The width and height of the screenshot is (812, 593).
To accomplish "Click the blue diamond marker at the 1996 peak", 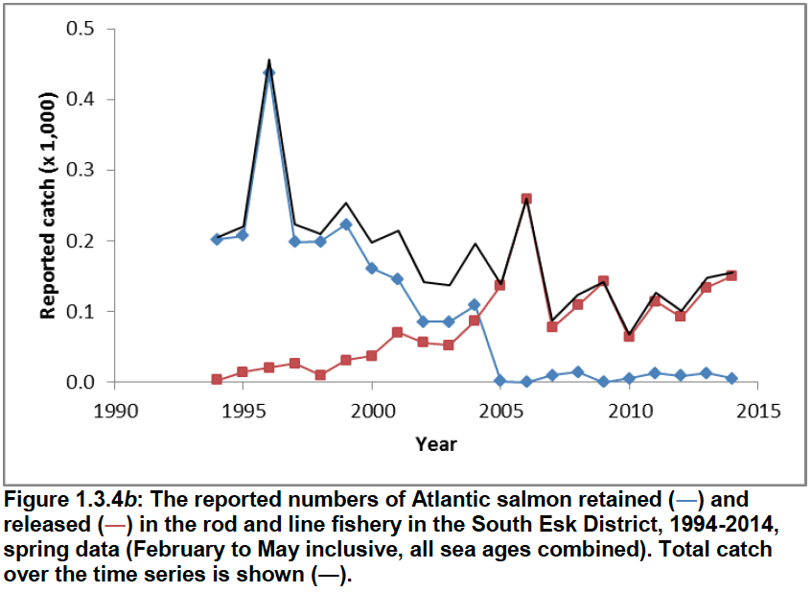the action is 268,73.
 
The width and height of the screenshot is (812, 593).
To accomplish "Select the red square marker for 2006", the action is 526,199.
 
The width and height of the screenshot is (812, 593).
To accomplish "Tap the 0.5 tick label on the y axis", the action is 81,29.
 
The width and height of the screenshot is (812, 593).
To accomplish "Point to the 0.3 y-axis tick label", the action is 81,170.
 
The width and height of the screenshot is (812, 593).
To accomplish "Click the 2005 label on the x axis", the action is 500,411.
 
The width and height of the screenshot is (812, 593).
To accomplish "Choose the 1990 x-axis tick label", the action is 115,411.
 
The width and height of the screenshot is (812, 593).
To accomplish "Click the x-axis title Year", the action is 436,444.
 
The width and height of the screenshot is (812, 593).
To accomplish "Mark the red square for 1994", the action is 217,379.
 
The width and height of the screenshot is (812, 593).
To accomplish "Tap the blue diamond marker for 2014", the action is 731,378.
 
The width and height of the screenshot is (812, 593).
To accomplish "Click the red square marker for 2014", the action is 731,275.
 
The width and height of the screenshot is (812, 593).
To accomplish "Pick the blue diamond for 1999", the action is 346,225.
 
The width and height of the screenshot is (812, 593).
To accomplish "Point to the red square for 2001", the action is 397,332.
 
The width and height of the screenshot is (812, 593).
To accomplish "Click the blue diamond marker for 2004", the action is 475,304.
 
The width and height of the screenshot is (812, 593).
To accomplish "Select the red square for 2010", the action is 629,336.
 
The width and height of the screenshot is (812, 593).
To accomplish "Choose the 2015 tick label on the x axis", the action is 758,411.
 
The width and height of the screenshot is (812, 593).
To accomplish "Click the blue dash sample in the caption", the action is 686,501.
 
